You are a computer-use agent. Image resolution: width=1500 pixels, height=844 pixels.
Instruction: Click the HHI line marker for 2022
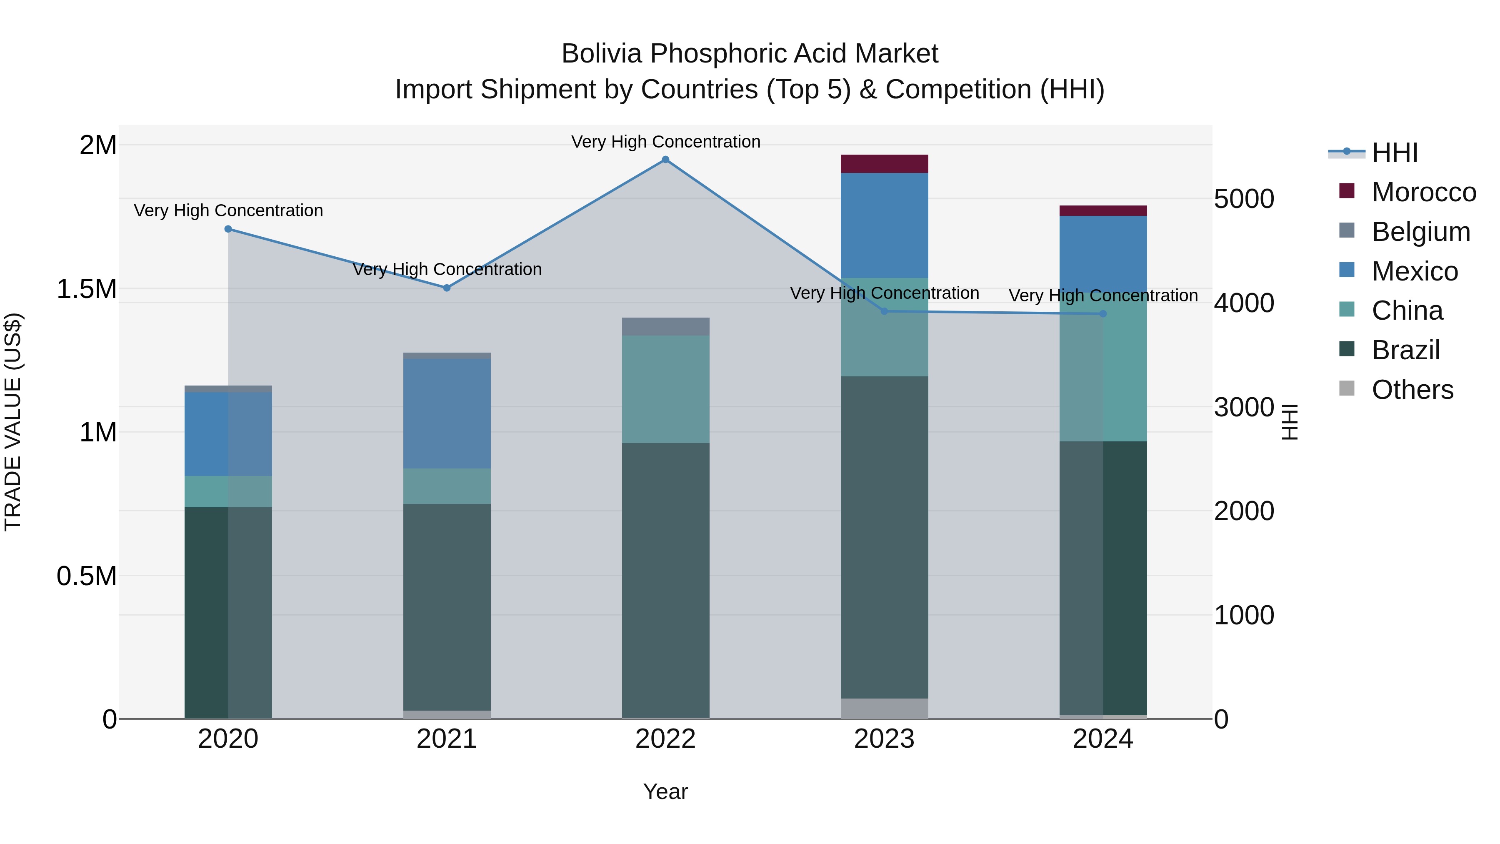[x=665, y=160]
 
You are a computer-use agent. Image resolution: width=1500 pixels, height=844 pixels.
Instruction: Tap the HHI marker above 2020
[x=228, y=229]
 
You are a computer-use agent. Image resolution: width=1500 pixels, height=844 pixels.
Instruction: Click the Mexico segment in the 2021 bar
[x=447, y=413]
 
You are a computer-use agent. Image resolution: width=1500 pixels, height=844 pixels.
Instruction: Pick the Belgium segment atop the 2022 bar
[x=665, y=326]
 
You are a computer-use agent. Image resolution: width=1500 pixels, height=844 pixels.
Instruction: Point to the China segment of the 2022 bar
[x=665, y=389]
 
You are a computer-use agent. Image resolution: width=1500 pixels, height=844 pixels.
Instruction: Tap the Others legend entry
[x=1412, y=390]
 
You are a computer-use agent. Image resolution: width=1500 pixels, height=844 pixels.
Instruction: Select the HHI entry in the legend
[x=1394, y=153]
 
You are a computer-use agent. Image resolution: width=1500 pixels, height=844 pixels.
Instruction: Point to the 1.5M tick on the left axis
[x=87, y=289]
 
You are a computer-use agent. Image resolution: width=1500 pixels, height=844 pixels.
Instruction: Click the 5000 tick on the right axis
[x=1244, y=199]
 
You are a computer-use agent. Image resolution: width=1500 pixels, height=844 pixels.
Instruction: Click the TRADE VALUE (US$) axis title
[x=13, y=422]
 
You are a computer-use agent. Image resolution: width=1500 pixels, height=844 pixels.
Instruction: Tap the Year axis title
[x=665, y=791]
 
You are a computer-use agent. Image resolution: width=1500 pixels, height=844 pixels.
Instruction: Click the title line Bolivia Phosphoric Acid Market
[x=750, y=54]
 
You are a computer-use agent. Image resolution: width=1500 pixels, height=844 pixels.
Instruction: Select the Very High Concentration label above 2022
[x=665, y=142]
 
